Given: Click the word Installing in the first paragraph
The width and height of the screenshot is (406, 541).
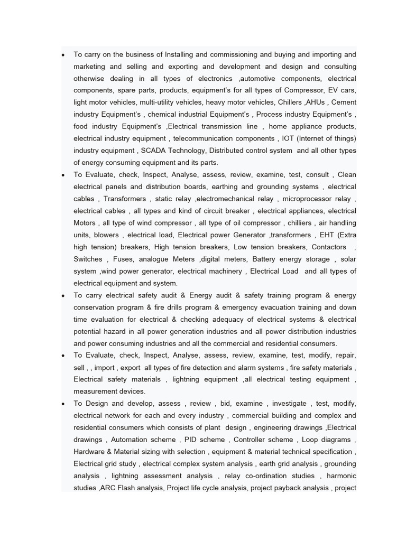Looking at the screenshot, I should [180, 54].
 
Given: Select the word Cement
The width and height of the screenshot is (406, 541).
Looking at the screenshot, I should [343, 102].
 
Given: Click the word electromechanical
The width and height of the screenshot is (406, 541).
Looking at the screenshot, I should [236, 199].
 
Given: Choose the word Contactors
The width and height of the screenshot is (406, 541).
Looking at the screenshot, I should [329, 247].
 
